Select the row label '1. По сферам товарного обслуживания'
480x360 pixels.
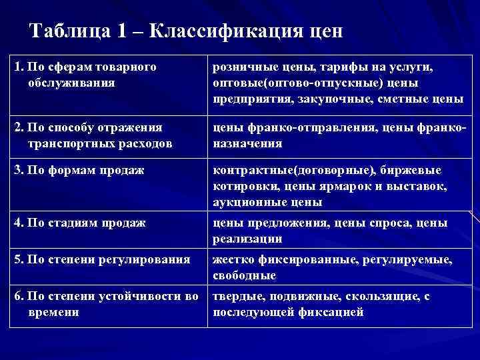[85, 75]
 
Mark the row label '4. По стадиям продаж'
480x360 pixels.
[80, 223]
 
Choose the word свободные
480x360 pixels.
[244, 275]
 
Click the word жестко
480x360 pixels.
[231, 259]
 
